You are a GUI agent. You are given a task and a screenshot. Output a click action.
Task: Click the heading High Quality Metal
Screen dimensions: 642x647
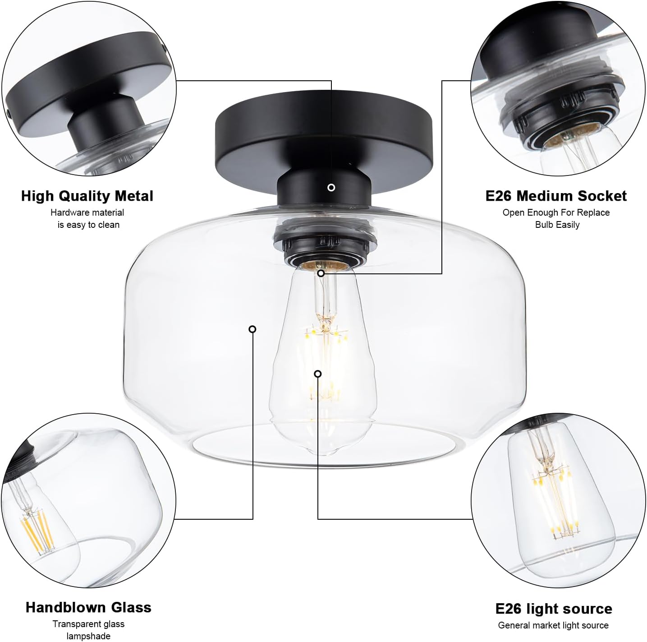[87, 196]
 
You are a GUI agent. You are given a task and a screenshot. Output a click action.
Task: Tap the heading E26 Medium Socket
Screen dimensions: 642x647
[556, 196]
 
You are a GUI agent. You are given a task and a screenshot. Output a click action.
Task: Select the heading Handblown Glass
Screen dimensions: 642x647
[88, 607]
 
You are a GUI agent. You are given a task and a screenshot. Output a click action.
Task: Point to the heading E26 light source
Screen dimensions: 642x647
[554, 609]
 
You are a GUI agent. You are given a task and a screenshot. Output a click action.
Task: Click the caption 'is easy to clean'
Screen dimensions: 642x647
[88, 225]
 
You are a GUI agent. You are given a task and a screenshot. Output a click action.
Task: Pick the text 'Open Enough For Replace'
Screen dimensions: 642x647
[556, 212]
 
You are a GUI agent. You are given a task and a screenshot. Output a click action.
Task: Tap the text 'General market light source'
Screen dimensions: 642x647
[553, 625]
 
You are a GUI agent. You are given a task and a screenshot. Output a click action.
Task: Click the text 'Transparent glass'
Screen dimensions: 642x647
[88, 624]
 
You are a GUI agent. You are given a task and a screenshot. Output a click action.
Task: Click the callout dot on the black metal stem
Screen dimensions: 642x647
[331, 188]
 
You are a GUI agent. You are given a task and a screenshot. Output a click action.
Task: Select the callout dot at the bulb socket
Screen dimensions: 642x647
[321, 273]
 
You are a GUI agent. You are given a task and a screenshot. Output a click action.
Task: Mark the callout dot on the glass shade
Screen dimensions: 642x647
[252, 329]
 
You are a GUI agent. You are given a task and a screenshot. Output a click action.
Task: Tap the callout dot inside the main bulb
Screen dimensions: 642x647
[318, 374]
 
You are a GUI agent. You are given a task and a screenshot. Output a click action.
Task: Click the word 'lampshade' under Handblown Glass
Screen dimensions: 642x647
[88, 636]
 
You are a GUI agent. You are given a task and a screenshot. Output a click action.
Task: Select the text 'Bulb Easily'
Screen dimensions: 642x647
[557, 225]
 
